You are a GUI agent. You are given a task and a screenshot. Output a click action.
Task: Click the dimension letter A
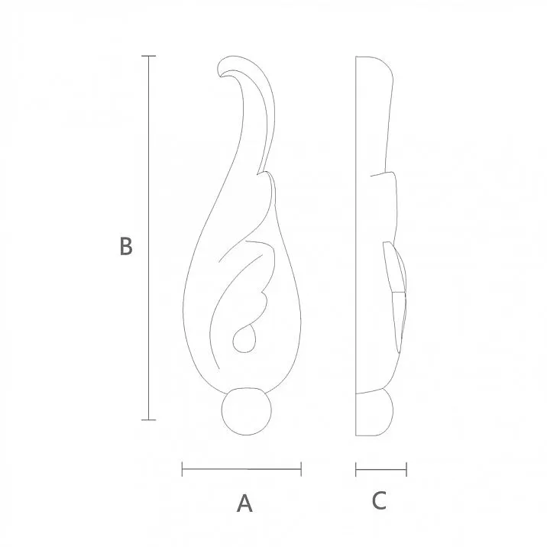[x=244, y=503]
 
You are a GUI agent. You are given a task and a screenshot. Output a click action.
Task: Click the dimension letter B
[x=126, y=247]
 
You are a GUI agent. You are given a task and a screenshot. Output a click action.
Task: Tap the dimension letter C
[x=380, y=501]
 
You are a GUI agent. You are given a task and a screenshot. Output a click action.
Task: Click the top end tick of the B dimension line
[x=149, y=57]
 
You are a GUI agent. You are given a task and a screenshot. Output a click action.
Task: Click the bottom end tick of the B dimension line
[x=149, y=419]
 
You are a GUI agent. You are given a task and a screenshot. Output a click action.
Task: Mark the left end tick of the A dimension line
[x=183, y=468]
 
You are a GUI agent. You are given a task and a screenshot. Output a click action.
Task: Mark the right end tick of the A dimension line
[x=301, y=468]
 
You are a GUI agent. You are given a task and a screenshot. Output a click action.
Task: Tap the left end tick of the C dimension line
[x=357, y=468]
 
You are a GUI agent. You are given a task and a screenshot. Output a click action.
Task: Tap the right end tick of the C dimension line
[x=406, y=468]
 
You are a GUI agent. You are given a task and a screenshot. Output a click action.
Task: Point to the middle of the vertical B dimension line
[x=149, y=238]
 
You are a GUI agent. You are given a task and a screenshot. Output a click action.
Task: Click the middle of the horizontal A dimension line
[x=241, y=468]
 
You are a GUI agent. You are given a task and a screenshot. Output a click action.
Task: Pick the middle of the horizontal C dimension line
[x=381, y=468]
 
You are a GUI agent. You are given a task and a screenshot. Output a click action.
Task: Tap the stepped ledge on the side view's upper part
[x=385, y=174]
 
